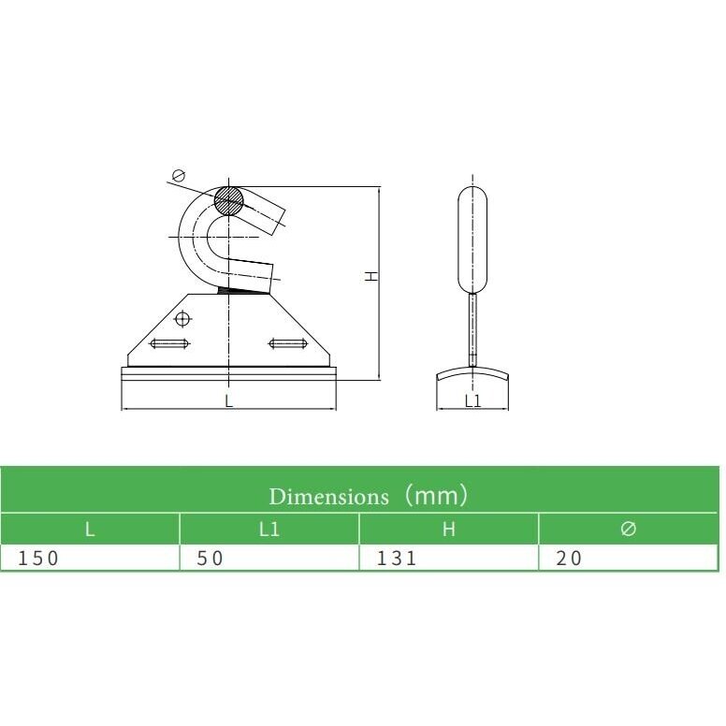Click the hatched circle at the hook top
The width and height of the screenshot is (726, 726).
tap(228, 200)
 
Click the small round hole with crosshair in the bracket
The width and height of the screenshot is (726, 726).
tap(183, 318)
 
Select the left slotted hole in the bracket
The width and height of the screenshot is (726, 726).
tap(169, 343)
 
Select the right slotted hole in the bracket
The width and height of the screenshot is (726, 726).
tap(288, 343)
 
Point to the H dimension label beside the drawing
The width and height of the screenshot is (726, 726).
tap(371, 276)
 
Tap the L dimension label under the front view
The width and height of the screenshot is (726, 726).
tap(228, 401)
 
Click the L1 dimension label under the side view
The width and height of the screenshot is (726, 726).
tap(472, 401)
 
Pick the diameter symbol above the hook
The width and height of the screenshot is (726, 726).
tap(179, 176)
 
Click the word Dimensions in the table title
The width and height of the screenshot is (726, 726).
tap(328, 497)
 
